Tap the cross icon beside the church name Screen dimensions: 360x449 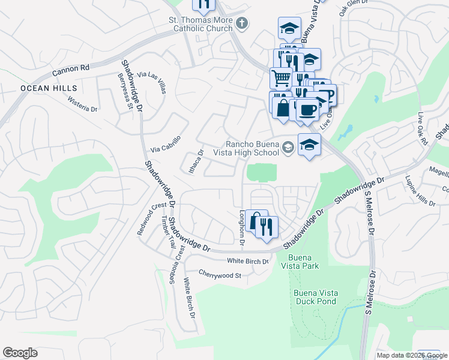[x=242, y=23]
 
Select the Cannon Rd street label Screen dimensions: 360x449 [x=70, y=69]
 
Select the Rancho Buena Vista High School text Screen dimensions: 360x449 [x=254, y=148]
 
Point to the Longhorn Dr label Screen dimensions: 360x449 [x=243, y=228]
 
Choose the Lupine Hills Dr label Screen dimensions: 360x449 [x=420, y=191]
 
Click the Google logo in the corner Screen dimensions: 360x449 [x=20, y=353]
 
